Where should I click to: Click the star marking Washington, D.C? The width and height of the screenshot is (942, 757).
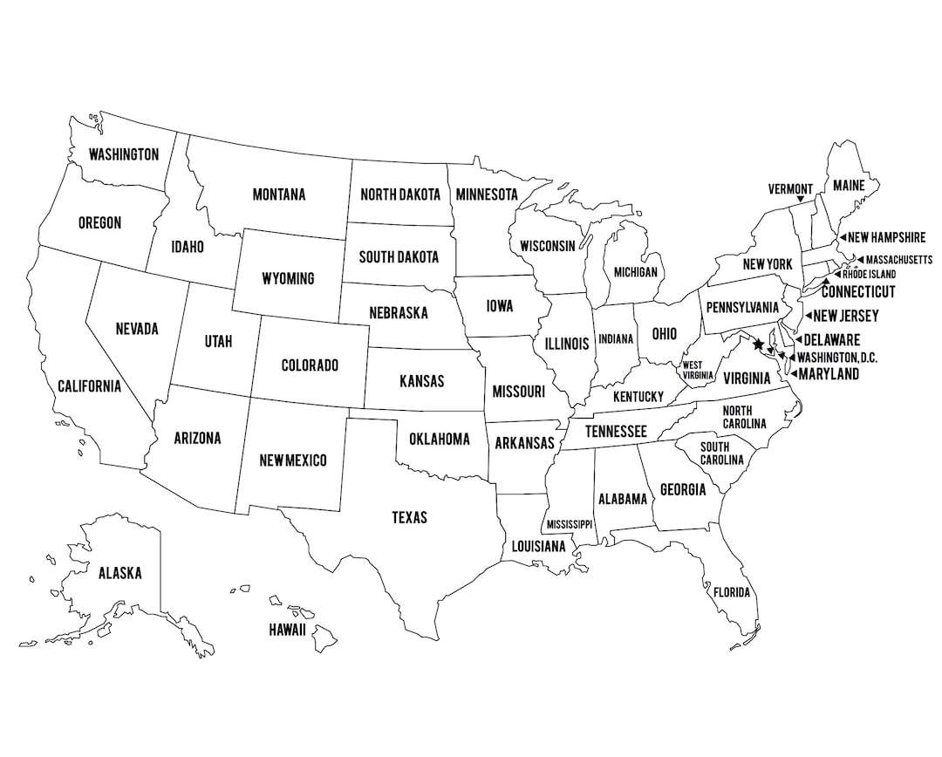(757, 344)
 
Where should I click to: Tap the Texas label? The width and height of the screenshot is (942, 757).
(409, 517)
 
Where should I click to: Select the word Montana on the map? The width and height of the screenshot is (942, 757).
(279, 194)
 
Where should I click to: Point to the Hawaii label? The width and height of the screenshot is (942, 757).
(287, 629)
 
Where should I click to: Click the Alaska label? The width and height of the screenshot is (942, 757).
(119, 573)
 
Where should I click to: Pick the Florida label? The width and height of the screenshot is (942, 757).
(731, 592)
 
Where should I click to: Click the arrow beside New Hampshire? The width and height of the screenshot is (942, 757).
(842, 237)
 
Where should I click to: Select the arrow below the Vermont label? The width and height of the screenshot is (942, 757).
(800, 201)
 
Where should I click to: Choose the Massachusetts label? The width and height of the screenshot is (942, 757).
(899, 260)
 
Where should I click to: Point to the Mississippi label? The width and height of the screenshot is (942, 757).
(569, 524)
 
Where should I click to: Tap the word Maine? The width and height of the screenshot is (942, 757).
(848, 185)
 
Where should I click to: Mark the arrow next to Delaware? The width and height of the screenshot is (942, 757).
(798, 340)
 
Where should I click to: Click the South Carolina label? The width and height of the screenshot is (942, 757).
(722, 454)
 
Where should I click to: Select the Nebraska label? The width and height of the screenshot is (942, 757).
(398, 312)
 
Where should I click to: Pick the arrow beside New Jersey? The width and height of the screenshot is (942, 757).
(808, 316)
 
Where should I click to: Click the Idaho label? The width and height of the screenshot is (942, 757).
(188, 247)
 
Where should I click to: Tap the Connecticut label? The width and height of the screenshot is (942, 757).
(858, 291)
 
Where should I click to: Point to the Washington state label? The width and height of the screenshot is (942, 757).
(124, 154)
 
